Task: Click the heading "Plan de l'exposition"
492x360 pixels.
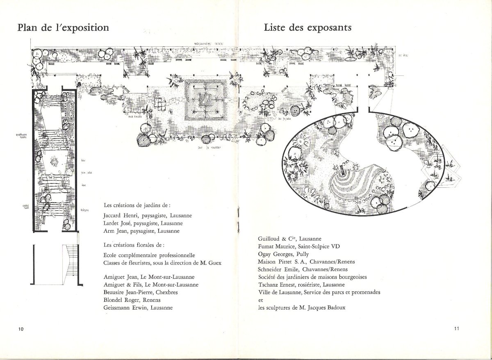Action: [x=63, y=28]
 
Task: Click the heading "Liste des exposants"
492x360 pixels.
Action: [x=307, y=28]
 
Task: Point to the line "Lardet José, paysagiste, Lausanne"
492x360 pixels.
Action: [x=143, y=223]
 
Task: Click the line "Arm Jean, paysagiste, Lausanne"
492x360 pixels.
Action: [x=142, y=231]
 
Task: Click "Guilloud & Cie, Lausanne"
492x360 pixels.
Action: [x=289, y=239]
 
